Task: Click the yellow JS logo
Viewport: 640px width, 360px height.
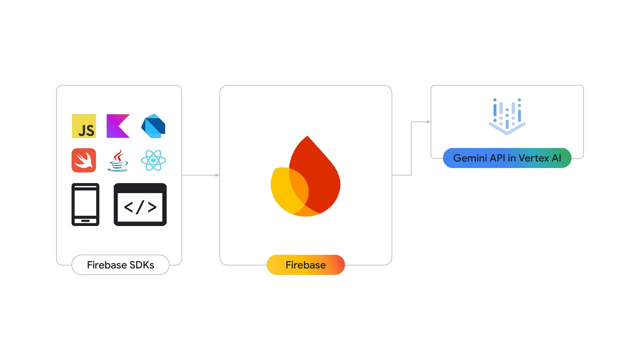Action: [x=84, y=126]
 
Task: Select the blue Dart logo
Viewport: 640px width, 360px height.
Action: [x=153, y=126]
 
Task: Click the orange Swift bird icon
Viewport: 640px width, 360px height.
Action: [x=84, y=160]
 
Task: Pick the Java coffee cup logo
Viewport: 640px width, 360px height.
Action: [x=118, y=161]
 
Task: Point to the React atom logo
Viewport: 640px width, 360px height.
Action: [x=153, y=160]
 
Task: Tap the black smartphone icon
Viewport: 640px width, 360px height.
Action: [x=85, y=204]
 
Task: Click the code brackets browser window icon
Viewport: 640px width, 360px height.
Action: [x=140, y=204]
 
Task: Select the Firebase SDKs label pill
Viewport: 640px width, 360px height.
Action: [x=120, y=265]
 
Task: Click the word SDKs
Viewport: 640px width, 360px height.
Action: [x=142, y=265]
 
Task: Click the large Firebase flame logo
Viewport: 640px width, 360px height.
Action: [x=306, y=177]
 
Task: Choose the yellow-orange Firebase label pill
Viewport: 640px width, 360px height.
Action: [x=306, y=265]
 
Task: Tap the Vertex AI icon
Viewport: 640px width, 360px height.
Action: [x=507, y=116]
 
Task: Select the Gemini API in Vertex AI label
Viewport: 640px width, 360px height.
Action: [x=507, y=158]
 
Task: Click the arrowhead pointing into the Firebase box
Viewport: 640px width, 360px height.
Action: [x=217, y=175]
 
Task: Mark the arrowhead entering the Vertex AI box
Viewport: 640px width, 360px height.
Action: [x=429, y=122]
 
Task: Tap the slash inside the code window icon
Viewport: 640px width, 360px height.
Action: [x=140, y=207]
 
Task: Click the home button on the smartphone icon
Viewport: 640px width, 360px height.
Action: [x=85, y=221]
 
